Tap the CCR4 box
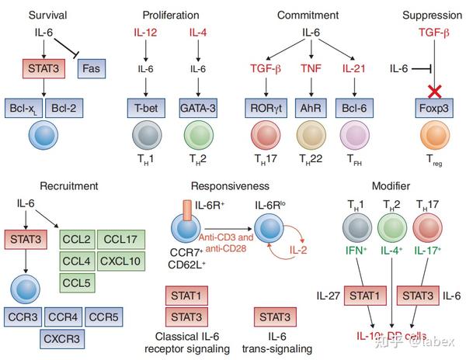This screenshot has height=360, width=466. tap(65, 318)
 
